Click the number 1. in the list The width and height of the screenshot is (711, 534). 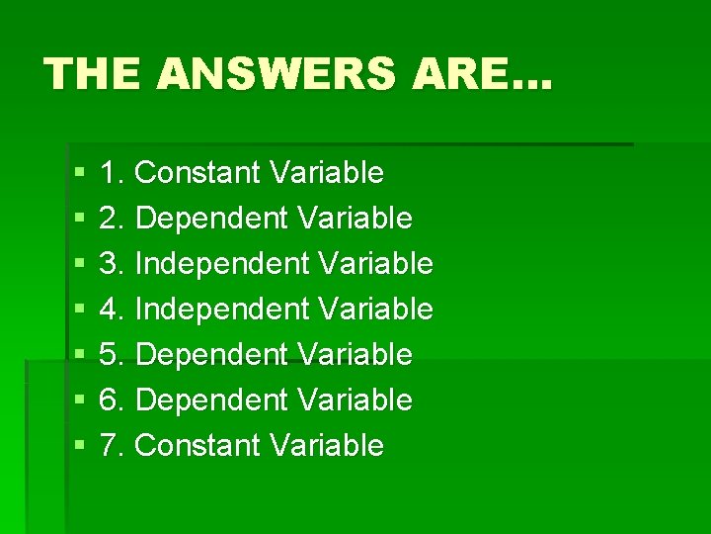(113, 173)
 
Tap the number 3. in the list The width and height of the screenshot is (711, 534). (113, 264)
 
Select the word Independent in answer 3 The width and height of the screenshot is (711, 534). (221, 264)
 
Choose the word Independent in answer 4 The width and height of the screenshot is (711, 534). (221, 310)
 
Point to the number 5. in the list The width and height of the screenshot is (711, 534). (113, 355)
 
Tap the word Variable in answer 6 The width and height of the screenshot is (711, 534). (355, 400)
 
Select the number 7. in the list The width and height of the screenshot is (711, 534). (113, 446)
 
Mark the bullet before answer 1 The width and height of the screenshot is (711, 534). (79, 174)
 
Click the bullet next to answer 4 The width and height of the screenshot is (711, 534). (79, 311)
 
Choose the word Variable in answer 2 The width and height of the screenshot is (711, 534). (355, 219)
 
